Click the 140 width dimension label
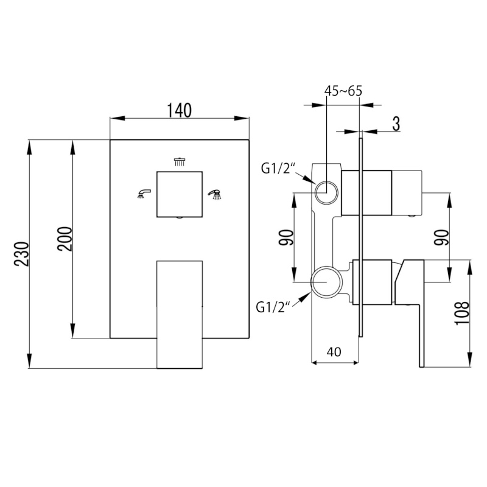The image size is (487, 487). tap(180, 110)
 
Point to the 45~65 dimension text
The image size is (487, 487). tap(343, 91)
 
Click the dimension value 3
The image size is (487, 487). tap(396, 124)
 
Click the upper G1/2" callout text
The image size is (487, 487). tap(278, 168)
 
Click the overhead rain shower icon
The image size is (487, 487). tap(179, 161)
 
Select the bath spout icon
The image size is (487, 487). tap(144, 194)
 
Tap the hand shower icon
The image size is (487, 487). tap(215, 194)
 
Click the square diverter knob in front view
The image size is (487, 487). tap(179, 194)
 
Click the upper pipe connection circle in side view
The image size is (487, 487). tap(326, 191)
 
